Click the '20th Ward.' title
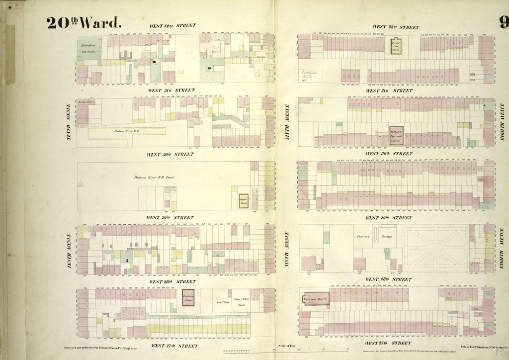[84, 23]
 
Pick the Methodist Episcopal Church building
[396, 135]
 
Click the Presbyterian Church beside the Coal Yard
[187, 297]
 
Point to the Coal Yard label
[222, 302]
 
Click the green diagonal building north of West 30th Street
[230, 120]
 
